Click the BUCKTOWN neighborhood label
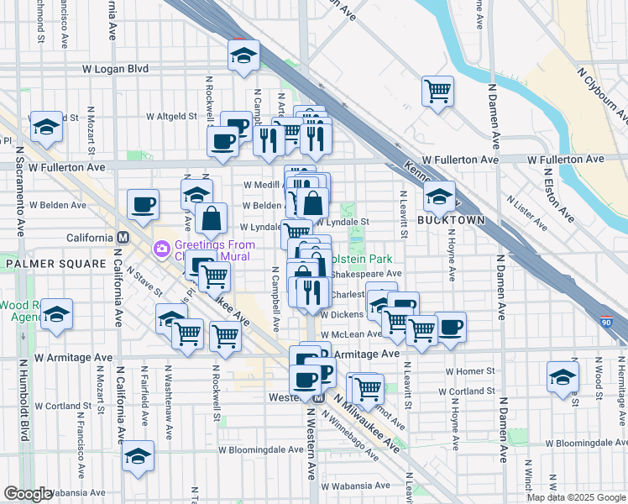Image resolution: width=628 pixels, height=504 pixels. [452, 219]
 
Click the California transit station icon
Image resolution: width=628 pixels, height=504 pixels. [123, 238]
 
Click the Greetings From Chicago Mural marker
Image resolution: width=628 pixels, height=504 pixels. [161, 249]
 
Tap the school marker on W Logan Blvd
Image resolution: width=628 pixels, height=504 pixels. [243, 56]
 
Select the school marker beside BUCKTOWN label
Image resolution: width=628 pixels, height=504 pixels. [439, 197]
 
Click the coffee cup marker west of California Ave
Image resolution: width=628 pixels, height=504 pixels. [143, 204]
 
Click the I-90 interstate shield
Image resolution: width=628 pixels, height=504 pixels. [607, 321]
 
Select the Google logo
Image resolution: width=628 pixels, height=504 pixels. [28, 493]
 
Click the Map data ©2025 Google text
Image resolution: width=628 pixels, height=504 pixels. [575, 497]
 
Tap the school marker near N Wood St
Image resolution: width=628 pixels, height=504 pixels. [563, 377]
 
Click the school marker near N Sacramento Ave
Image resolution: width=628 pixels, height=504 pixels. [46, 127]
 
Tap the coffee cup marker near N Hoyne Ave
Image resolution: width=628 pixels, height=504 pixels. [450, 328]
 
